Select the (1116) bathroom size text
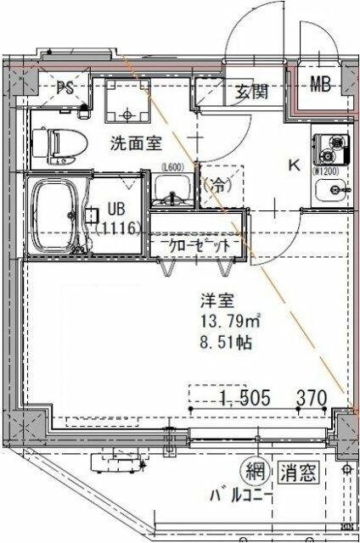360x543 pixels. coord(118,227)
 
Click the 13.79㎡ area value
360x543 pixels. coord(227,322)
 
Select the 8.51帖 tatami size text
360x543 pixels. coord(221,344)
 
